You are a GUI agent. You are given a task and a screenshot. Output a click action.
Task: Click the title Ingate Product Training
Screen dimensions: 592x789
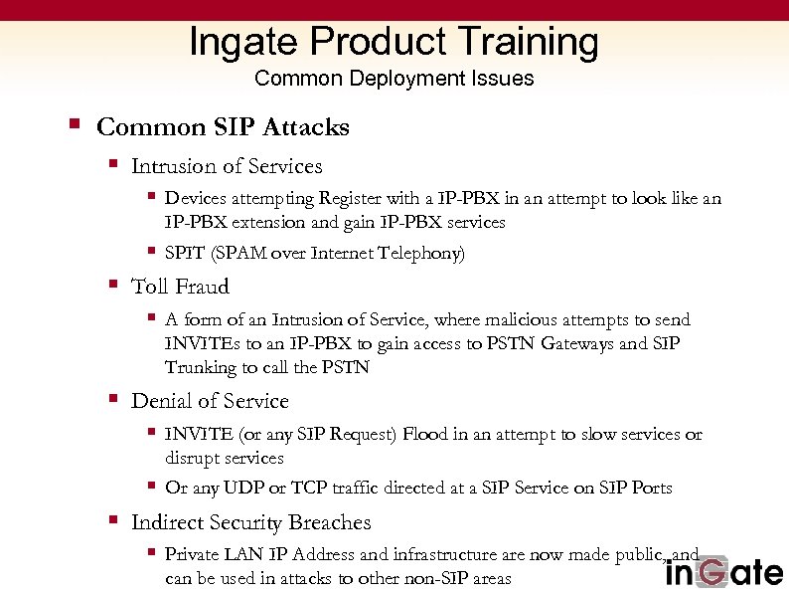pyautogui.click(x=394, y=42)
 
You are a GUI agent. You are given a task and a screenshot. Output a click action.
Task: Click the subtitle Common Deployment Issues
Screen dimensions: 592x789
pyautogui.click(x=394, y=79)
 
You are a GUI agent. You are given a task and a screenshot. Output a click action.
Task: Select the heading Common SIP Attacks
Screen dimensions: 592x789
pyautogui.click(x=223, y=127)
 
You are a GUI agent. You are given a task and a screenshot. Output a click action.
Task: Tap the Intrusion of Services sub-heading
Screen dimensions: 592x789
pyautogui.click(x=227, y=166)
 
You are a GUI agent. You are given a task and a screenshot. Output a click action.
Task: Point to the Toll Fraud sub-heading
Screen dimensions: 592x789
pyautogui.click(x=180, y=287)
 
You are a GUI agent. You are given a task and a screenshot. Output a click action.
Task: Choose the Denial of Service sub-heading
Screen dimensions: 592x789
pyautogui.click(x=210, y=401)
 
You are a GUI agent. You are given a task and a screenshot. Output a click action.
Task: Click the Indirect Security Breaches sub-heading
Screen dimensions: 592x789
pyautogui.click(x=250, y=522)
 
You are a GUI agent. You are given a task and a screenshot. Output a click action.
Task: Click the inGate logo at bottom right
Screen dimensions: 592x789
pyautogui.click(x=723, y=572)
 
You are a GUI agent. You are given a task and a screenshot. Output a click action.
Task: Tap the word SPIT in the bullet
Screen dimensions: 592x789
pyautogui.click(x=181, y=254)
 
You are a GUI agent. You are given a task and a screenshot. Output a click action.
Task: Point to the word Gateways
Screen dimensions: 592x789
pyautogui.click(x=580, y=344)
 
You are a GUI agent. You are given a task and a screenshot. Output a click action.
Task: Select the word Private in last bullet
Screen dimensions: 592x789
pyautogui.click(x=195, y=554)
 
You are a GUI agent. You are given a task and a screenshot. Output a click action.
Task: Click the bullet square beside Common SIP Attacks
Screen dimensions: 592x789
pyautogui.click(x=74, y=125)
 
